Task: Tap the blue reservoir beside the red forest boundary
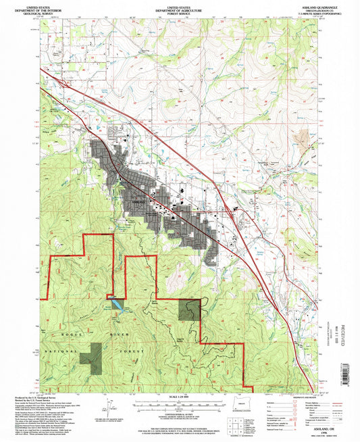(x=118, y=305)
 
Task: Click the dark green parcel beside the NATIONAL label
(x=91, y=356)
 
